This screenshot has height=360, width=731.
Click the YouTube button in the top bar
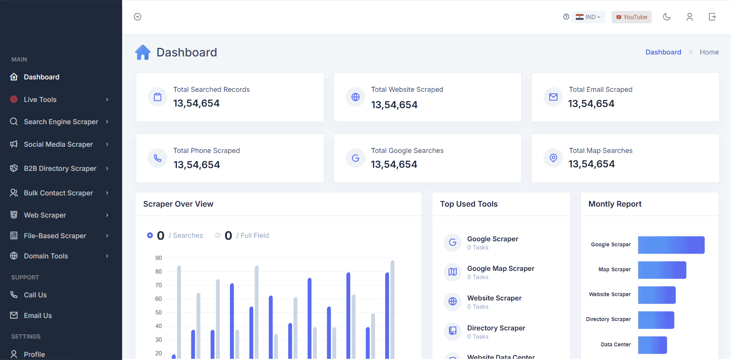(x=631, y=17)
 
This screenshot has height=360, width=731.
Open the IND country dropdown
(x=589, y=17)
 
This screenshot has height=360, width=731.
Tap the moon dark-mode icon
(x=667, y=17)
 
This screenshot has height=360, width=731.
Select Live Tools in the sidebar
(x=40, y=100)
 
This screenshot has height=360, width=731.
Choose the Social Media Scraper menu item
(x=58, y=144)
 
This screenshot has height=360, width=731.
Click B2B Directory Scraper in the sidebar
(x=60, y=169)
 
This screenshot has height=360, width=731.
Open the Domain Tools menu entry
(x=46, y=256)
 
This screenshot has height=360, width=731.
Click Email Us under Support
(x=38, y=316)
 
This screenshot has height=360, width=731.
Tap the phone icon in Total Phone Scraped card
(x=158, y=158)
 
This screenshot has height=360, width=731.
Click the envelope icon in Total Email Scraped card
(x=553, y=97)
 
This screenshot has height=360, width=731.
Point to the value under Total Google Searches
(x=394, y=165)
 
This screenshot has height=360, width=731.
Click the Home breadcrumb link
(x=709, y=52)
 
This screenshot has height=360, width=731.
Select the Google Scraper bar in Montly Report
(x=671, y=245)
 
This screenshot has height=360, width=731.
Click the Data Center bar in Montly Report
(x=652, y=345)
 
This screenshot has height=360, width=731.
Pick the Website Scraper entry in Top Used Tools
(x=494, y=298)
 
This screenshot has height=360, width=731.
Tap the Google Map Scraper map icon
(x=452, y=272)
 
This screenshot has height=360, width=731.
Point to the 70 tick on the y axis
(x=158, y=285)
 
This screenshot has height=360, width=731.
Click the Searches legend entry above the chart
(x=188, y=235)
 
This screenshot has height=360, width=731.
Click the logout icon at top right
(x=712, y=17)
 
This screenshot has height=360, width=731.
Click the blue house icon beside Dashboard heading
(x=143, y=52)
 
